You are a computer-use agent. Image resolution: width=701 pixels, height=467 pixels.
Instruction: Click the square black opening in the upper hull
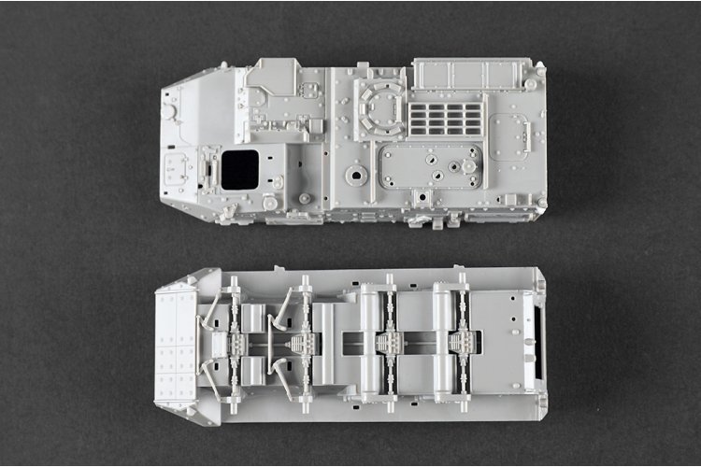(x=239, y=168)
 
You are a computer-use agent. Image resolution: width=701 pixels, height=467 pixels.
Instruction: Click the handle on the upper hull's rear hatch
(x=492, y=137)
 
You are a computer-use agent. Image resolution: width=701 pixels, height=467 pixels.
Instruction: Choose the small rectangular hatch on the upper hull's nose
(x=176, y=168)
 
